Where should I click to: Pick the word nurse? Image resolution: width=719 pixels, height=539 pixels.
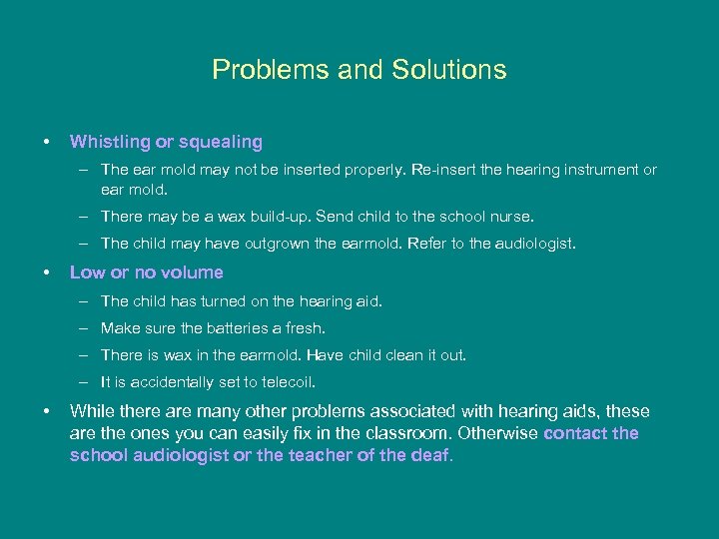click(512, 216)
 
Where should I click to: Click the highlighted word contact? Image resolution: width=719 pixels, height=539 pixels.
click(576, 433)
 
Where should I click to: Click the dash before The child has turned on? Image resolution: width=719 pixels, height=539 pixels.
click(86, 300)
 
